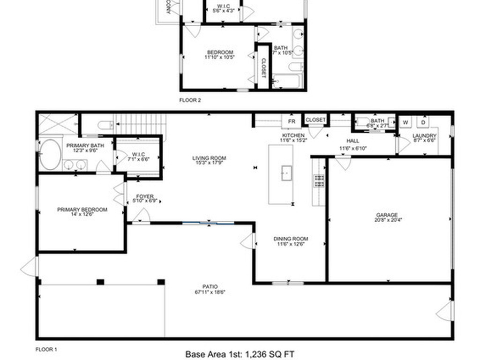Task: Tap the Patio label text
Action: pyautogui.click(x=210, y=289)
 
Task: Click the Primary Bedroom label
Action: pyautogui.click(x=82, y=212)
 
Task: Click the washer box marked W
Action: pyautogui.click(x=406, y=122)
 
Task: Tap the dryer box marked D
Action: pyautogui.click(x=423, y=122)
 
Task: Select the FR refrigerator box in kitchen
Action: pyautogui.click(x=292, y=121)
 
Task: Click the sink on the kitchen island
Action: pyautogui.click(x=286, y=172)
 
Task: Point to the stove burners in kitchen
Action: pyautogui.click(x=319, y=180)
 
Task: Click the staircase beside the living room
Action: pyautogui.click(x=141, y=124)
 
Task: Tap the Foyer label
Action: pyautogui.click(x=145, y=199)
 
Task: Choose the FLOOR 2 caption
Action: pyautogui.click(x=190, y=100)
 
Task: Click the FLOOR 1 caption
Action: pyautogui.click(x=46, y=349)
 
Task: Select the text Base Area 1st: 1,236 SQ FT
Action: pyautogui.click(x=240, y=354)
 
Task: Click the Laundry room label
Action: pyautogui.click(x=424, y=138)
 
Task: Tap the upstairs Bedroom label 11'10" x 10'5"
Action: pyautogui.click(x=219, y=54)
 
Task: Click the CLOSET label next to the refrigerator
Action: pyautogui.click(x=315, y=120)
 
